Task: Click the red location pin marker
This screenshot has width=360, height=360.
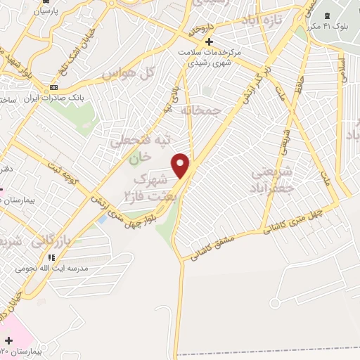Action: pos(181,165)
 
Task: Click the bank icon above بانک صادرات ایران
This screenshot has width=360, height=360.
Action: pos(53,88)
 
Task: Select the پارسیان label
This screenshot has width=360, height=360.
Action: pos(42,11)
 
